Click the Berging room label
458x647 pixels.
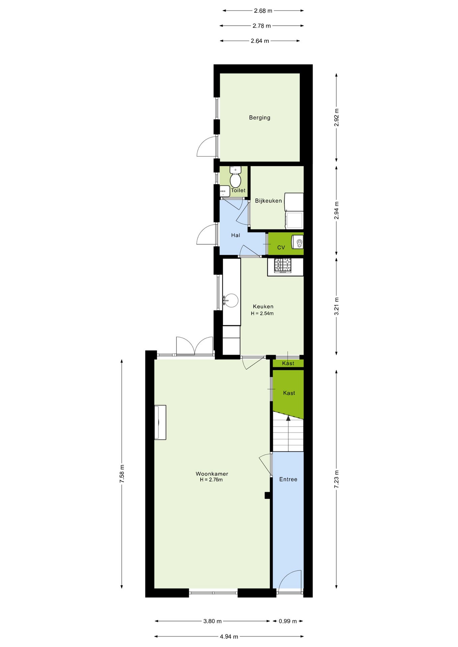pyautogui.click(x=259, y=118)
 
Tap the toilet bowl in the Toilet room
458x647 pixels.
pyautogui.click(x=235, y=180)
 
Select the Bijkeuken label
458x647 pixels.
pyautogui.click(x=268, y=201)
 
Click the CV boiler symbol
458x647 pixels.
pyautogui.click(x=297, y=242)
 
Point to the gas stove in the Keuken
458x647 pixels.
pyautogui.click(x=282, y=265)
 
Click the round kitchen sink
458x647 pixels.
pyautogui.click(x=231, y=300)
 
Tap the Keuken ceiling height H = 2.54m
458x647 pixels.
pyautogui.click(x=262, y=313)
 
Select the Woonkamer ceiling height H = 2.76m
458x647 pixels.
pyautogui.click(x=211, y=480)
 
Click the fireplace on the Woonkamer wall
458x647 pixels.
pyautogui.click(x=160, y=422)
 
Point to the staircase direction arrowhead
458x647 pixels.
pyautogui.click(x=288, y=418)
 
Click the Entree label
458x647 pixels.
pyautogui.click(x=288, y=479)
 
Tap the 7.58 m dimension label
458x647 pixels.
pyautogui.click(x=122, y=473)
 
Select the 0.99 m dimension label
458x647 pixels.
pyautogui.click(x=288, y=621)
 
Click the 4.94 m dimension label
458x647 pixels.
pyautogui.click(x=229, y=637)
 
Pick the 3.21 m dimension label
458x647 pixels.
pyautogui.click(x=336, y=306)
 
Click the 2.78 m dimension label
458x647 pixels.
pyautogui.click(x=262, y=26)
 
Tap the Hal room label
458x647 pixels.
pyautogui.click(x=235, y=235)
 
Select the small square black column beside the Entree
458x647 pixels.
pyautogui.click(x=267, y=495)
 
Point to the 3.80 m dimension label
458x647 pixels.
pyautogui.click(x=212, y=621)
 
